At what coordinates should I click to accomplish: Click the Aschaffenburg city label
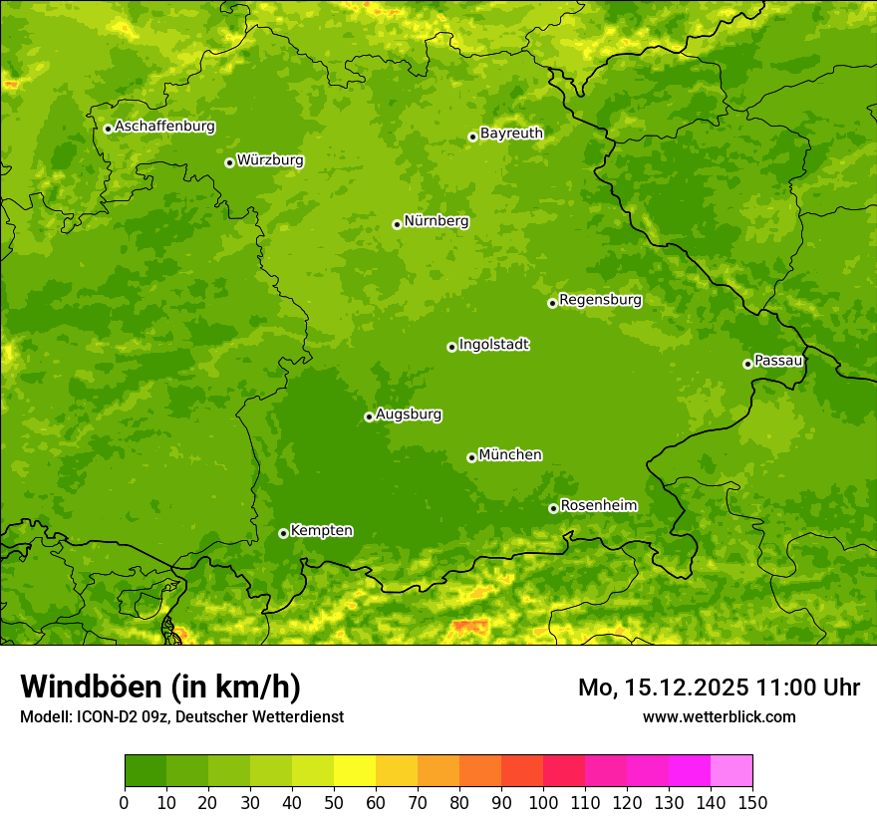164,127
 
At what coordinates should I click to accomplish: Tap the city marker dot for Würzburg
229,162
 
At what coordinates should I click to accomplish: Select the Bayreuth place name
511,134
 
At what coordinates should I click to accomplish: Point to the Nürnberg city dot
397,224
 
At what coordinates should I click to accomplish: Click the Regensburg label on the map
600,300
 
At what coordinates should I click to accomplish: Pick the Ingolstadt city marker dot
451,347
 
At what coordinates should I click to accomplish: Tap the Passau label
778,361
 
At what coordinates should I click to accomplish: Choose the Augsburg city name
409,414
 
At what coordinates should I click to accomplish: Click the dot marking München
471,457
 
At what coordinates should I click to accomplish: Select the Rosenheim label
598,506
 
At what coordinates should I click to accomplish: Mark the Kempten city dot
283,533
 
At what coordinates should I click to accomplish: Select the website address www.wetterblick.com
719,716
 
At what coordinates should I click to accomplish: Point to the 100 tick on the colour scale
543,802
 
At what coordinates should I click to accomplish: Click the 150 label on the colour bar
752,802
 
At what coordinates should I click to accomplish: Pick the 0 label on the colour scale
125,802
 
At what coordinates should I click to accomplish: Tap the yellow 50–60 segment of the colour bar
355,771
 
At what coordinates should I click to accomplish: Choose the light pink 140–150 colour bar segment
731,771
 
